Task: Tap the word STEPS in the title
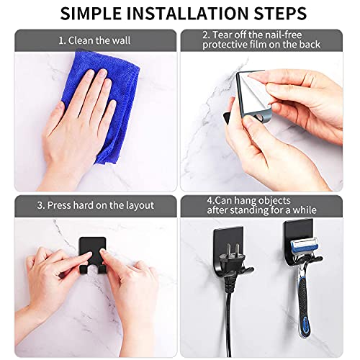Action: point(278,13)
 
